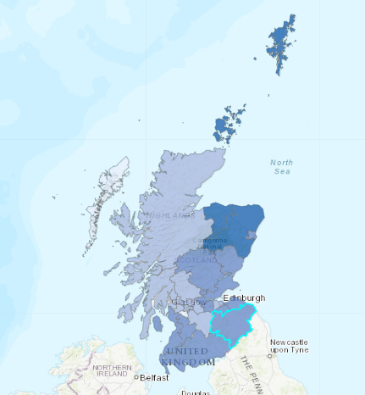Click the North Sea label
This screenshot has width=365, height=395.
click(x=282, y=166)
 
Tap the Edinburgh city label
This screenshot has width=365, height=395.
click(x=244, y=298)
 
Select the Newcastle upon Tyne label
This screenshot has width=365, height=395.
click(x=289, y=346)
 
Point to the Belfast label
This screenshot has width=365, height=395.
click(x=155, y=376)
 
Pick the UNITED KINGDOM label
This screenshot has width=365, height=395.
click(x=189, y=356)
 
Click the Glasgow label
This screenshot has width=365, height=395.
click(x=187, y=302)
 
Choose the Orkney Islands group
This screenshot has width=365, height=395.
click(x=228, y=125)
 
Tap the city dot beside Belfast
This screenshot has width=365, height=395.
click(x=136, y=376)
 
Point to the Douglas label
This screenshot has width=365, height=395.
click(x=195, y=392)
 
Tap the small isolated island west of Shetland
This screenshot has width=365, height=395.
click(x=256, y=58)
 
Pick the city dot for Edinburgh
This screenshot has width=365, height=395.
click(x=226, y=299)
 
